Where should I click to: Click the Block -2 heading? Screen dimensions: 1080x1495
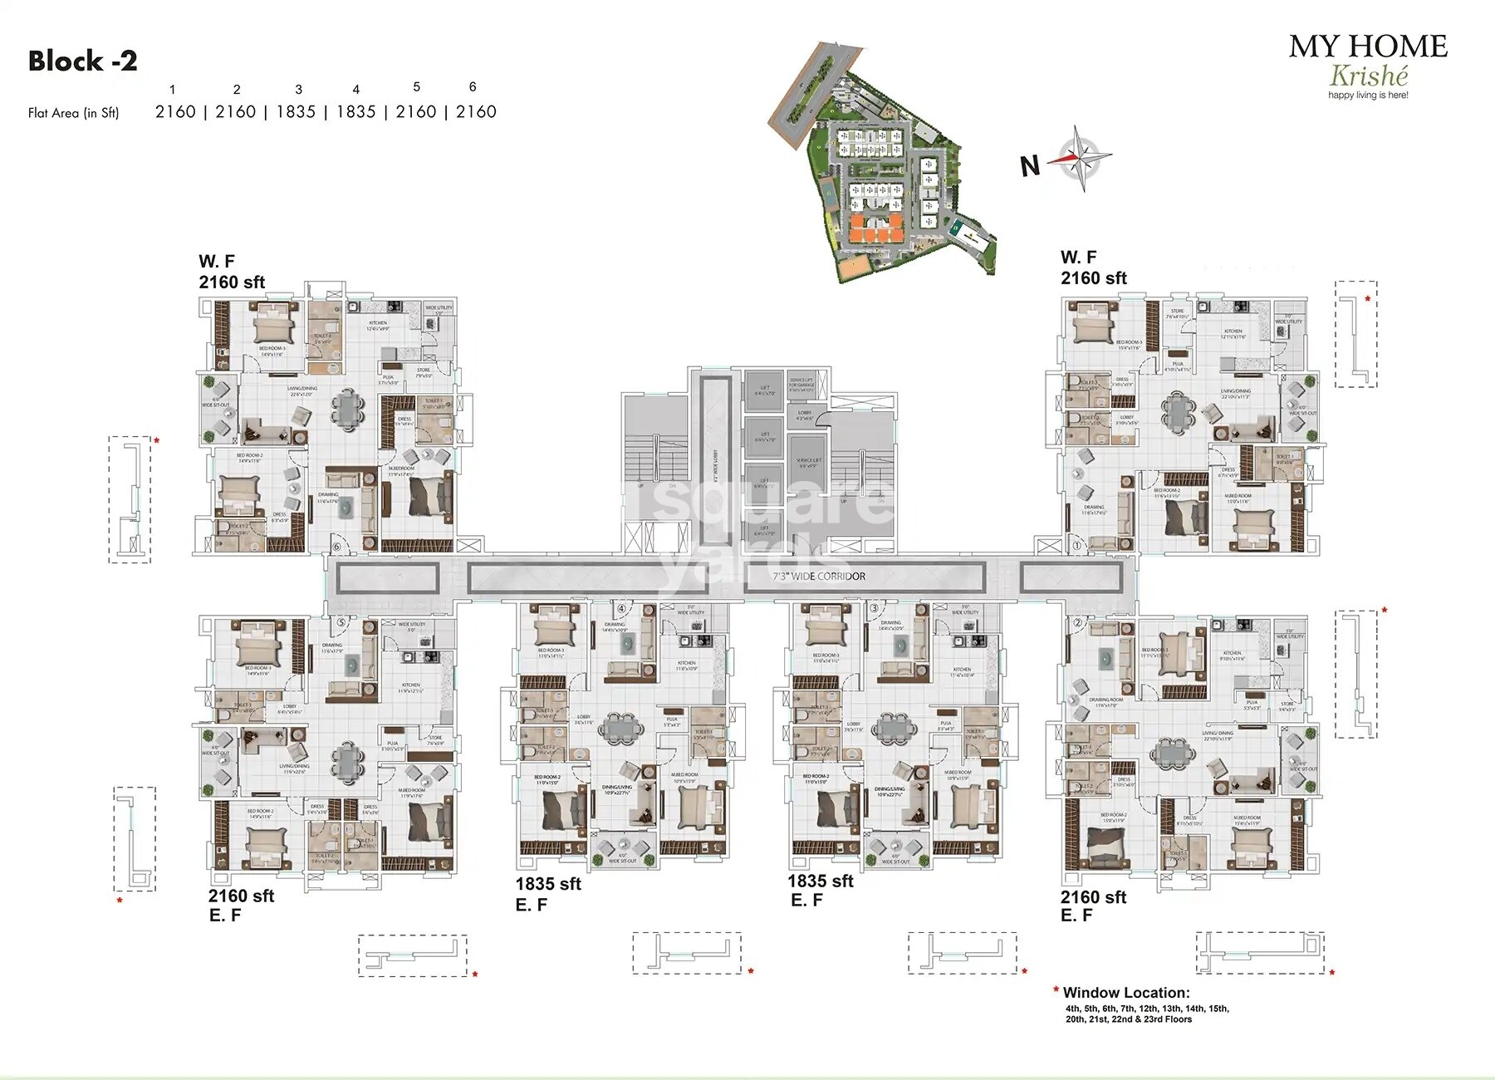(82, 61)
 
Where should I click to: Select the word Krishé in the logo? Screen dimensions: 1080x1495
(1368, 76)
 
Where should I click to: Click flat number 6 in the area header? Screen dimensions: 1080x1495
(473, 87)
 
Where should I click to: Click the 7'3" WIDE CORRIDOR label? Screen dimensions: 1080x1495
(819, 577)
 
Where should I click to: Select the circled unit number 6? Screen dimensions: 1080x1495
(336, 546)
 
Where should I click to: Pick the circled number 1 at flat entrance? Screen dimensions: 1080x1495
(1077, 546)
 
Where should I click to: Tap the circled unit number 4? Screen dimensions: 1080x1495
(620, 609)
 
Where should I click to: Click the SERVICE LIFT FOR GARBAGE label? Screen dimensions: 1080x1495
(801, 382)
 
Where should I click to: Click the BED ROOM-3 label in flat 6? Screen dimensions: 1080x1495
(272, 349)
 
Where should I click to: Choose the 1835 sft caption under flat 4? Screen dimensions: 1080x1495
(547, 885)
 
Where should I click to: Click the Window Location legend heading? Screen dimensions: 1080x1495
(1125, 993)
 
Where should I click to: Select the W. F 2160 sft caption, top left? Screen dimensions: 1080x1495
(231, 272)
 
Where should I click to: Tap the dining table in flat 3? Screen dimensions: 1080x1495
(893, 727)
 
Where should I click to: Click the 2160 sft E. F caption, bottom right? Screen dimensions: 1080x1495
(1092, 906)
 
